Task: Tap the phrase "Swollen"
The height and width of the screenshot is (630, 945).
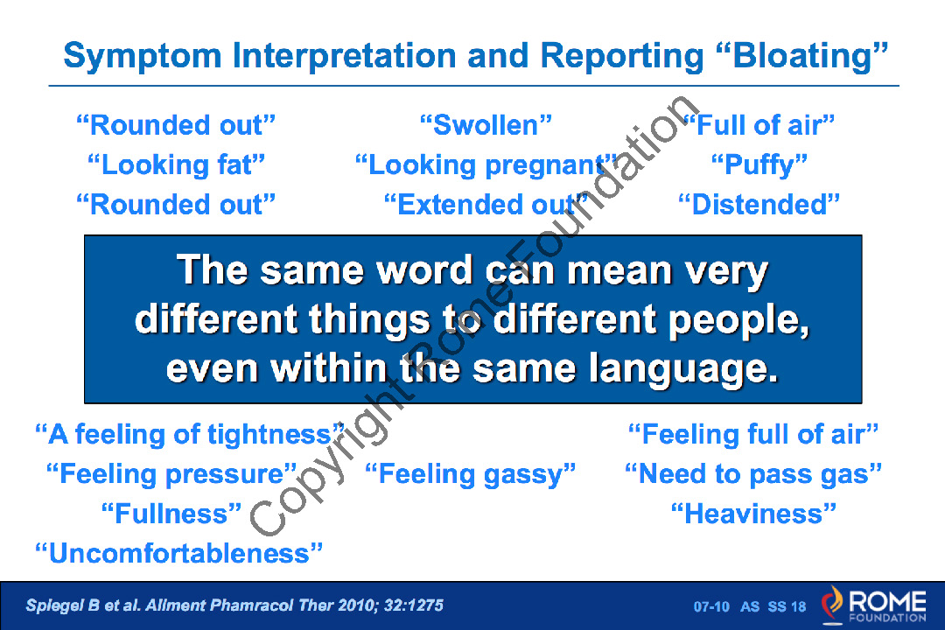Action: click(486, 125)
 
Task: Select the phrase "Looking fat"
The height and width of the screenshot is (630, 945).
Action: click(176, 165)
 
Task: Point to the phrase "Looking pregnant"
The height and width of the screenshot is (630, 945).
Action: click(486, 165)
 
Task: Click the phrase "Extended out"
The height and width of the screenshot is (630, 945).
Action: click(486, 205)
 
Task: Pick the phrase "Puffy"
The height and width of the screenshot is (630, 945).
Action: click(759, 165)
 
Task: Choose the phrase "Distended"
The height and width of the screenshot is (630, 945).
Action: click(759, 205)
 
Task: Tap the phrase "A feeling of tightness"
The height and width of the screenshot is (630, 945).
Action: click(190, 435)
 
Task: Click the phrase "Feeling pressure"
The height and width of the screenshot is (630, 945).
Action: click(171, 474)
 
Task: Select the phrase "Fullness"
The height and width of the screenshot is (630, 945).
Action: click(171, 514)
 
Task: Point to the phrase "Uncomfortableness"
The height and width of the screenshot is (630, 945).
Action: click(178, 553)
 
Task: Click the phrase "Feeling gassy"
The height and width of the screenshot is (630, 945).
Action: click(471, 474)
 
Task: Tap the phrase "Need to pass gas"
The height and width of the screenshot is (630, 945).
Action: click(753, 474)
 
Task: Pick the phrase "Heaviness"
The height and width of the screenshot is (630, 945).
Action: click(754, 514)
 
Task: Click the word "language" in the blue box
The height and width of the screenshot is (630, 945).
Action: click(683, 369)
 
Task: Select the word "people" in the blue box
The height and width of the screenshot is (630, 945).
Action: click(738, 320)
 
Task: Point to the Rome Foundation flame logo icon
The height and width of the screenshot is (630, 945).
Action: click(833, 604)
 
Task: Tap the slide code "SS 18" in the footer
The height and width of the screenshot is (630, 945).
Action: click(787, 606)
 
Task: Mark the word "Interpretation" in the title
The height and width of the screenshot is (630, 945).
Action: click(344, 57)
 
